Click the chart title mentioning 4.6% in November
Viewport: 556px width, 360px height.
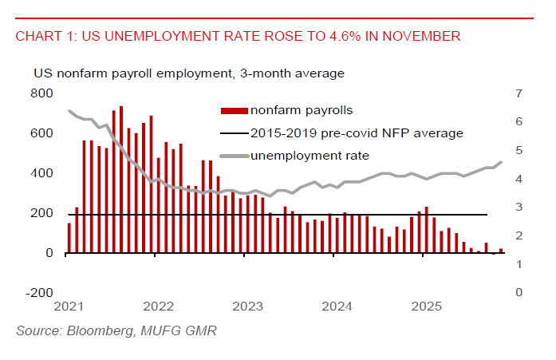[238, 37]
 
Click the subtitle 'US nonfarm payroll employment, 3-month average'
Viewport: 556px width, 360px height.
[188, 73]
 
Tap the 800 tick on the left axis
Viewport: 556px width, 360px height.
[42, 93]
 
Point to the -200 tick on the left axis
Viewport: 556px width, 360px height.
[40, 292]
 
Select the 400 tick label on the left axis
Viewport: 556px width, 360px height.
[42, 173]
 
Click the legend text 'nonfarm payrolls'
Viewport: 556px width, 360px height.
[302, 110]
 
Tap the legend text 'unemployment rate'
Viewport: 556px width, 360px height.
[310, 155]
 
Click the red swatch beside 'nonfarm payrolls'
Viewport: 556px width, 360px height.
[234, 110]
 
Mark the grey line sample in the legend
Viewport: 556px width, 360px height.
[234, 155]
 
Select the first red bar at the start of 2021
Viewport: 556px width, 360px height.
[69, 238]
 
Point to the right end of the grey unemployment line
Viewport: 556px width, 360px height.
[501, 162]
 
